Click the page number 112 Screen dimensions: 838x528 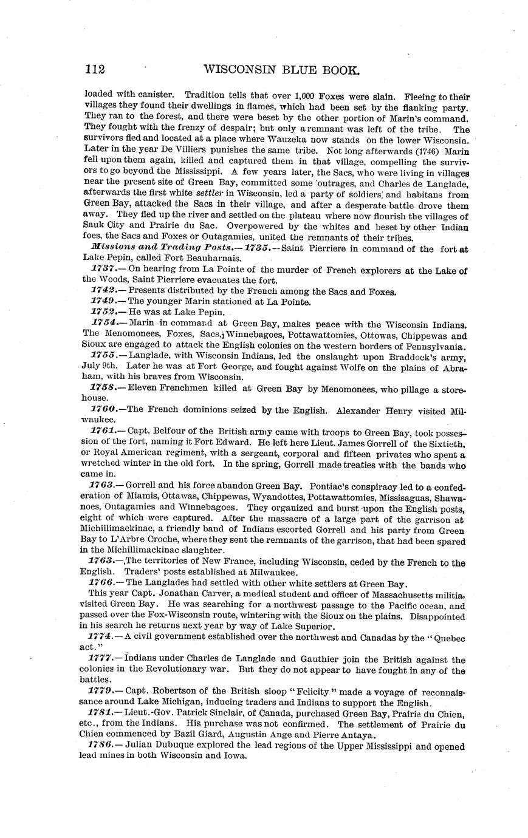[x=94, y=70]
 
